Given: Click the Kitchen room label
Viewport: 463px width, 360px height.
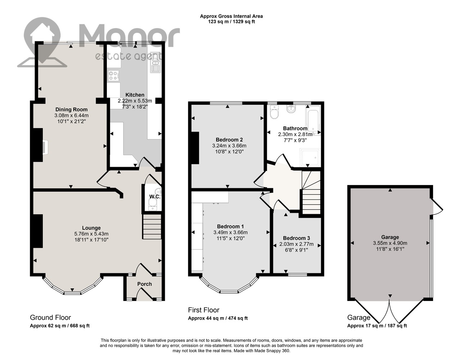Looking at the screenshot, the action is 135,95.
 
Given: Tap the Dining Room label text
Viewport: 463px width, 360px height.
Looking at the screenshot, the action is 71,109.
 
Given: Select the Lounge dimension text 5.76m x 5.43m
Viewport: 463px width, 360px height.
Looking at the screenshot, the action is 91,234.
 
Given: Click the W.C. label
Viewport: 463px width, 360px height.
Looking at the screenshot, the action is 155,197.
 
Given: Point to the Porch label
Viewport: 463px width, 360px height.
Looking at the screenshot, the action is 145,284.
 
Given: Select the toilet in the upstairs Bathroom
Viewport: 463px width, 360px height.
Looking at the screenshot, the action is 274,112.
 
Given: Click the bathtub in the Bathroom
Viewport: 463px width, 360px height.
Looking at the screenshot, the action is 313,121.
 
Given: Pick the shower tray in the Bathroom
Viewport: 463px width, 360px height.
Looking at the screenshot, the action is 310,157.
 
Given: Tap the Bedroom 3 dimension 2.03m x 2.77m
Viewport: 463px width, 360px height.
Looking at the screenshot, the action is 296,244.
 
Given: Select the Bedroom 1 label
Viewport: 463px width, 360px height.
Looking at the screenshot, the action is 230,226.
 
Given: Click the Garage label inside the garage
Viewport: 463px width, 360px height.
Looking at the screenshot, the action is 390,237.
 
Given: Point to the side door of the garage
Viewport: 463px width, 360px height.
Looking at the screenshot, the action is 437,206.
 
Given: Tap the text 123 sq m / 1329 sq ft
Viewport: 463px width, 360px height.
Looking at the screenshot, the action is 231,22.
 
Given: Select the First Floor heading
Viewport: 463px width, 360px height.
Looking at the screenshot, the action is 204,310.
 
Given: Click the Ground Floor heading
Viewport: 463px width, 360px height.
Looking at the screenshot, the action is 50,318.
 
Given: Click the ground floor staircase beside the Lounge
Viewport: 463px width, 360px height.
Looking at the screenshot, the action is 152,227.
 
